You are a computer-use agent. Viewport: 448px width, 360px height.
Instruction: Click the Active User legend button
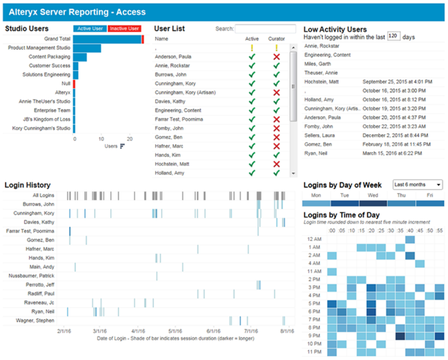pyautogui.click(x=90, y=29)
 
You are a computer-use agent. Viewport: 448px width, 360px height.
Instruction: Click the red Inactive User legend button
pyautogui.click(x=124, y=29)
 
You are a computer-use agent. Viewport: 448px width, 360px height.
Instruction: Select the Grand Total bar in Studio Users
pyautogui.click(x=107, y=39)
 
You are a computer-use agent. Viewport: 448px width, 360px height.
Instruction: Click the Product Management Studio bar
pyautogui.click(x=87, y=48)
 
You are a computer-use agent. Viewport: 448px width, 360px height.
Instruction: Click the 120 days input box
pyautogui.click(x=393, y=37)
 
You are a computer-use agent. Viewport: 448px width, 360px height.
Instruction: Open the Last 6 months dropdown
pyautogui.click(x=417, y=184)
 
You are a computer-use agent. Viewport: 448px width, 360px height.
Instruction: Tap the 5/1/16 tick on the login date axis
pyautogui.click(x=175, y=330)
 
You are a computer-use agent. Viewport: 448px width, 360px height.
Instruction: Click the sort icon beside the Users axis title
pyautogui.click(x=122, y=146)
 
